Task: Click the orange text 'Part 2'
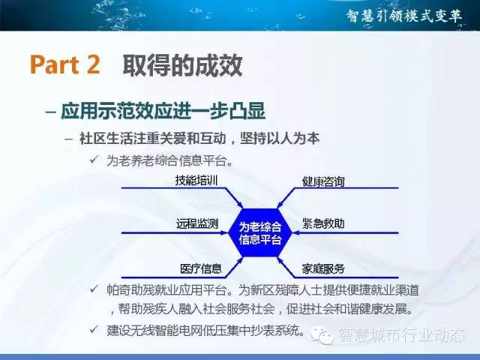click(65, 64)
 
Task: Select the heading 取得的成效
click(182, 65)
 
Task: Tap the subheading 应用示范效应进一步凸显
click(163, 111)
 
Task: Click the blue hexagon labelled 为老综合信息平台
click(260, 232)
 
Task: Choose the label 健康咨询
click(323, 181)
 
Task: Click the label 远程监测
click(197, 223)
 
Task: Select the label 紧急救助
click(323, 223)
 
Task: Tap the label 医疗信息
click(201, 268)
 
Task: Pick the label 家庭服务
click(323, 268)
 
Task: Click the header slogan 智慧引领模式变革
click(404, 16)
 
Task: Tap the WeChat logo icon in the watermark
click(322, 335)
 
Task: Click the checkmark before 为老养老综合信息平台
click(94, 160)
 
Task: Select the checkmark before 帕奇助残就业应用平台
click(94, 289)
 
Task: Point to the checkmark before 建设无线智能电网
click(94, 329)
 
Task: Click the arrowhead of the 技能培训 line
click(240, 205)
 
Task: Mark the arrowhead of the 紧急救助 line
click(296, 233)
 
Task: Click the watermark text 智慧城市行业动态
click(402, 334)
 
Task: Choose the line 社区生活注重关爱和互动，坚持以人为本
click(199, 138)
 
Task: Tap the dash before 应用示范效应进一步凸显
click(51, 112)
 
